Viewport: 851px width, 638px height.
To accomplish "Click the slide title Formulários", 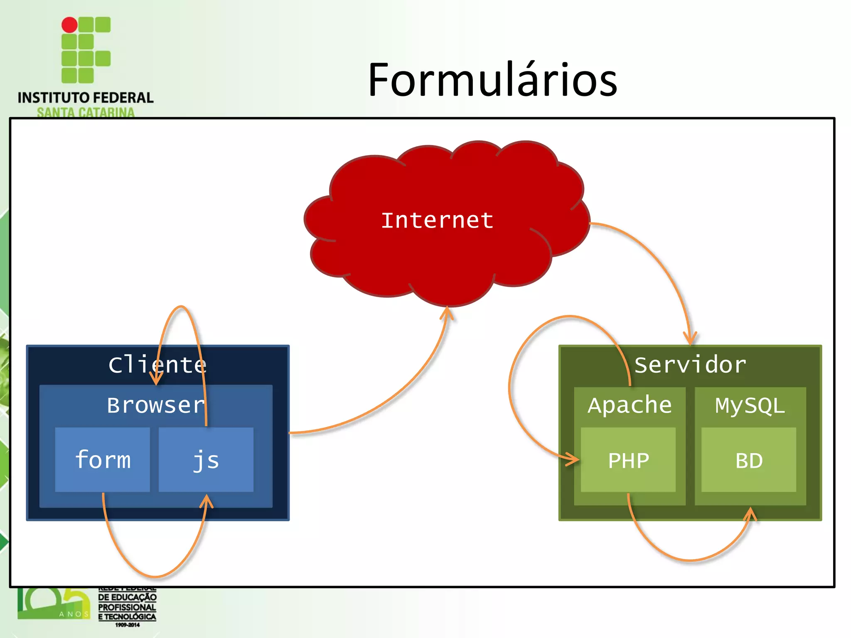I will (x=492, y=80).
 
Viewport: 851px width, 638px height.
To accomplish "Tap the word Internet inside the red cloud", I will (x=437, y=220).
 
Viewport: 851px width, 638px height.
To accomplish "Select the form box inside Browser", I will (x=103, y=460).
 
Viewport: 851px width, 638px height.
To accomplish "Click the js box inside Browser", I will (x=206, y=460).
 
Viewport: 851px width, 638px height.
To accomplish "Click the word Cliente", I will (x=157, y=365).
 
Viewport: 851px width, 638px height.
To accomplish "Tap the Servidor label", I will (x=690, y=365).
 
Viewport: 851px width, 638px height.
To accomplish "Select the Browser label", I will (x=156, y=405).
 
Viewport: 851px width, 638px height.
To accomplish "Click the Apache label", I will (x=630, y=405).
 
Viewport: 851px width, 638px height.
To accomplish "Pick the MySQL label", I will (x=750, y=405).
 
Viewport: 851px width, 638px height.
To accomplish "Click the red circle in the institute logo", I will (x=69, y=25).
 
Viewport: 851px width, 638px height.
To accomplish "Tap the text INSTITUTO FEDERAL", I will (x=86, y=98).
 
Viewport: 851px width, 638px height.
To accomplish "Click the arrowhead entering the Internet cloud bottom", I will (x=447, y=312).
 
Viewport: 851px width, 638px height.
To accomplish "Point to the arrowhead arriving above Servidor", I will (x=690, y=339).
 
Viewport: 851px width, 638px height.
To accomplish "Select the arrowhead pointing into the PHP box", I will (x=573, y=459).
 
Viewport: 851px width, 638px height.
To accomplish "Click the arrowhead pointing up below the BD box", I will (x=750, y=513).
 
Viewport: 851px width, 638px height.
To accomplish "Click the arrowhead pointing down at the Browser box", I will (x=156, y=380).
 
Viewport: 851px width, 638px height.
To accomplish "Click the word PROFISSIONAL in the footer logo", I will (x=127, y=607).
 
